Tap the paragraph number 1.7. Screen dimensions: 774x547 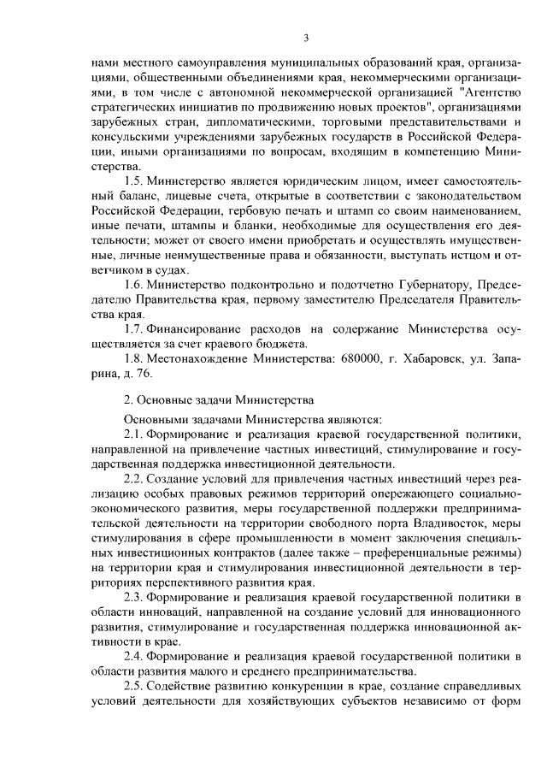[134, 328]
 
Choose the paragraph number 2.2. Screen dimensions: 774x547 [134, 477]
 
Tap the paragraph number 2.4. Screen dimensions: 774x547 [134, 655]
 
